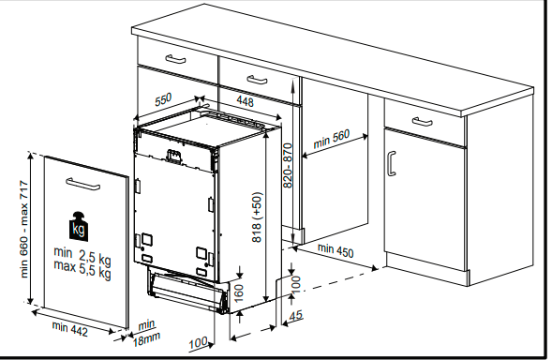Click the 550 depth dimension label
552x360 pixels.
tap(163, 99)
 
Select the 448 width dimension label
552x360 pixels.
tap(245, 101)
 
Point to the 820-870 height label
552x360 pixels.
tap(288, 165)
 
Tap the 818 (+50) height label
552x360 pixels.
tap(258, 217)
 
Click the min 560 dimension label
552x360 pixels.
tap(331, 139)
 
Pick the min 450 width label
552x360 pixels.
tap(336, 250)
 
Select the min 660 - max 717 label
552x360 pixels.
tap(24, 229)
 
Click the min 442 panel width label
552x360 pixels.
tap(69, 329)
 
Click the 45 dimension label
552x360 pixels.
tap(295, 315)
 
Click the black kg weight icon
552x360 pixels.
tap(79, 227)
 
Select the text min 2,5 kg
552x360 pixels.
tap(82, 256)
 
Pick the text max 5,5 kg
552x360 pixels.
tap(82, 269)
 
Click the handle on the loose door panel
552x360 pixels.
tap(82, 184)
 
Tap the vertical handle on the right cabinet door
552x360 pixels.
tap(392, 163)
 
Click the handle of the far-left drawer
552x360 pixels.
tap(175, 59)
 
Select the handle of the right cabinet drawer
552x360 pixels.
tap(422, 122)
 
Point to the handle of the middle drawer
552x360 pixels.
tap(257, 80)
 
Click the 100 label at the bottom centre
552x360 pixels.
tap(198, 343)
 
